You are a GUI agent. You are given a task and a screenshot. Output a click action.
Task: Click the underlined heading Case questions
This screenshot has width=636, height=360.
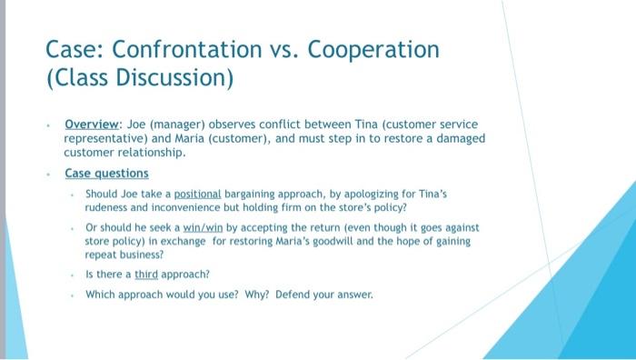click(106, 173)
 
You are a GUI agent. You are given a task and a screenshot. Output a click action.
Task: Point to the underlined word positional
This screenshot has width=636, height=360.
click(199, 195)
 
